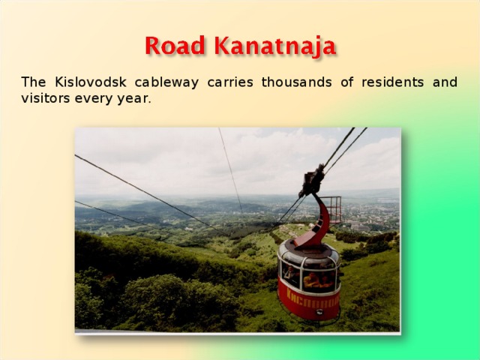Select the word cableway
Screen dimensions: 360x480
(x=169, y=82)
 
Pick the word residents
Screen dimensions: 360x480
(x=390, y=82)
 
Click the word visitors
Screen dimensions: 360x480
(x=45, y=98)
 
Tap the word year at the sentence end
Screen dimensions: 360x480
(x=135, y=99)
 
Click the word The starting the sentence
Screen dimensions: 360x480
(x=33, y=82)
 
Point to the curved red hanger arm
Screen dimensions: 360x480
(x=320, y=221)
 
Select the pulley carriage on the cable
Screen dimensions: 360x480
(x=312, y=181)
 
